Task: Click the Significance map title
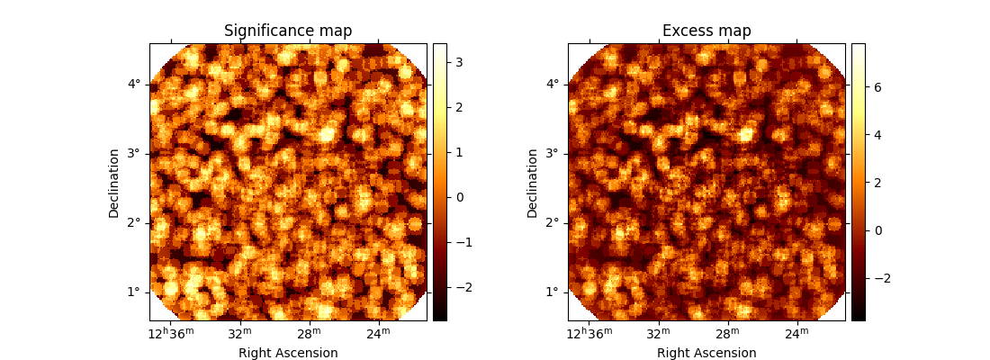(x=288, y=31)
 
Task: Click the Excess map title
(x=706, y=31)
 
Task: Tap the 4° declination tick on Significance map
(x=133, y=85)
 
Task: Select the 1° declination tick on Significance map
(x=133, y=292)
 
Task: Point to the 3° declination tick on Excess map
(x=552, y=154)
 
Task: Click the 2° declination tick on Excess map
(x=552, y=223)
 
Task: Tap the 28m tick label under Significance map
(x=310, y=334)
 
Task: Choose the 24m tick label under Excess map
(x=796, y=334)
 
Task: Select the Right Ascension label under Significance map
(x=288, y=353)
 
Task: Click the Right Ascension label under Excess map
(x=706, y=353)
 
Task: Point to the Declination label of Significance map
(x=114, y=183)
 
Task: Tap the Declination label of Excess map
(x=533, y=183)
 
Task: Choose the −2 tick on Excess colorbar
(x=881, y=278)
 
